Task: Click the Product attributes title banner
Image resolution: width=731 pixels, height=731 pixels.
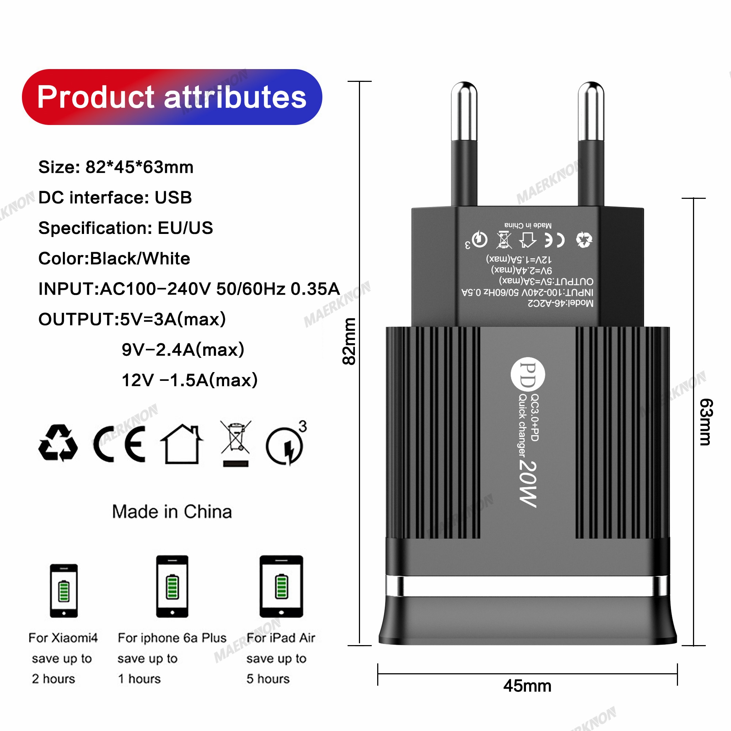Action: coord(172,97)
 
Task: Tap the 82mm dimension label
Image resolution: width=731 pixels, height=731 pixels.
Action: coord(349,341)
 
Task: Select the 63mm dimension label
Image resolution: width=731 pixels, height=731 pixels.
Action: coord(706,422)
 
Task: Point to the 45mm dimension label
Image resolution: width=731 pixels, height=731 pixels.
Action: coord(527,686)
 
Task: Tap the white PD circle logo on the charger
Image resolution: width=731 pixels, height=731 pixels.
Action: coord(527,375)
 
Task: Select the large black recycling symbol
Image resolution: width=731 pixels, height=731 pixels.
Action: coord(58,443)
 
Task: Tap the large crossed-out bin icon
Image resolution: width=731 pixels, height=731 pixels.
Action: coord(236,443)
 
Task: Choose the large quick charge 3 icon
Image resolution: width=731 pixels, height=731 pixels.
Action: coord(286,444)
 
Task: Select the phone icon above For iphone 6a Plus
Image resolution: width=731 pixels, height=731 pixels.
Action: coord(172,586)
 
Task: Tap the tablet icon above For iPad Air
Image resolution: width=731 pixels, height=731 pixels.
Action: coord(281,586)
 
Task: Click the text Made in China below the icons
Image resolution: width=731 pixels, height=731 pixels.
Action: coord(172,512)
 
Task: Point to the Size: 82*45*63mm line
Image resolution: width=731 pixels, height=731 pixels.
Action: coord(116,167)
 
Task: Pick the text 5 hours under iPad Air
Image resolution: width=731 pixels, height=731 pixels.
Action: coord(268,678)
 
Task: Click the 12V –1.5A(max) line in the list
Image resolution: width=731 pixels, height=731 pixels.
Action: coord(189,380)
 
